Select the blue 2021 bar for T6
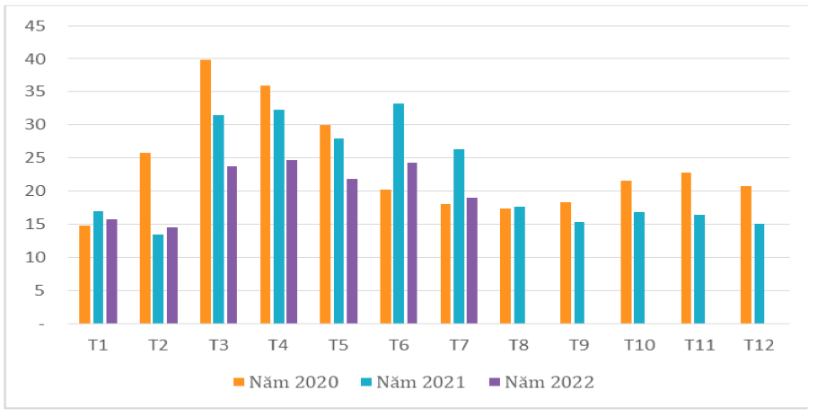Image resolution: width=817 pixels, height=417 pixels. coord(399,214)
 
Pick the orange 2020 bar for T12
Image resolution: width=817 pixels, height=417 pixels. coord(746,255)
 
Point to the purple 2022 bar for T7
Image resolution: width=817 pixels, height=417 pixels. coord(472,261)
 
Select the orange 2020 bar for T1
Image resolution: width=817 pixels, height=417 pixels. coord(84,275)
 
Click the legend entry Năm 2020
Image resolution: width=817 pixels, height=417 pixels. coord(286,382)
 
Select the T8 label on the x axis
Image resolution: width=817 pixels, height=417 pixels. coord(520,345)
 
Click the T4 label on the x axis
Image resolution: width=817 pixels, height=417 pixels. coord(279,345)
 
